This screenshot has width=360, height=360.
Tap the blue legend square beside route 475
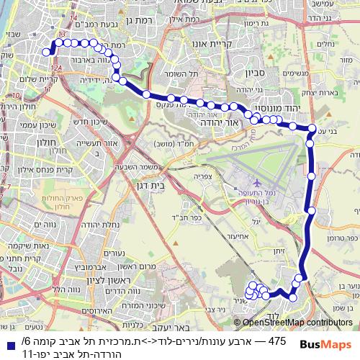(9, 339)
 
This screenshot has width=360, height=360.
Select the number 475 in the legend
(277, 339)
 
